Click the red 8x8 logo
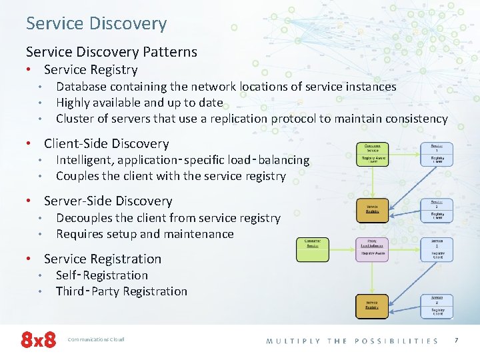click(x=38, y=340)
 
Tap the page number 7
click(x=456, y=341)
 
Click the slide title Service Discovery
click(x=96, y=23)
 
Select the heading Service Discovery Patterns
click(x=111, y=51)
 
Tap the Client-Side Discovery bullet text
click(x=106, y=143)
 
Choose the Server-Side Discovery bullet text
click(x=107, y=201)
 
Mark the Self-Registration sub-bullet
click(x=101, y=275)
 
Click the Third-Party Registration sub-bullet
click(x=121, y=291)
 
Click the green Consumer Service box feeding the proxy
click(x=312, y=249)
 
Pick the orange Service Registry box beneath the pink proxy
click(x=372, y=305)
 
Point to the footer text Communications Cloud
click(x=96, y=340)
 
